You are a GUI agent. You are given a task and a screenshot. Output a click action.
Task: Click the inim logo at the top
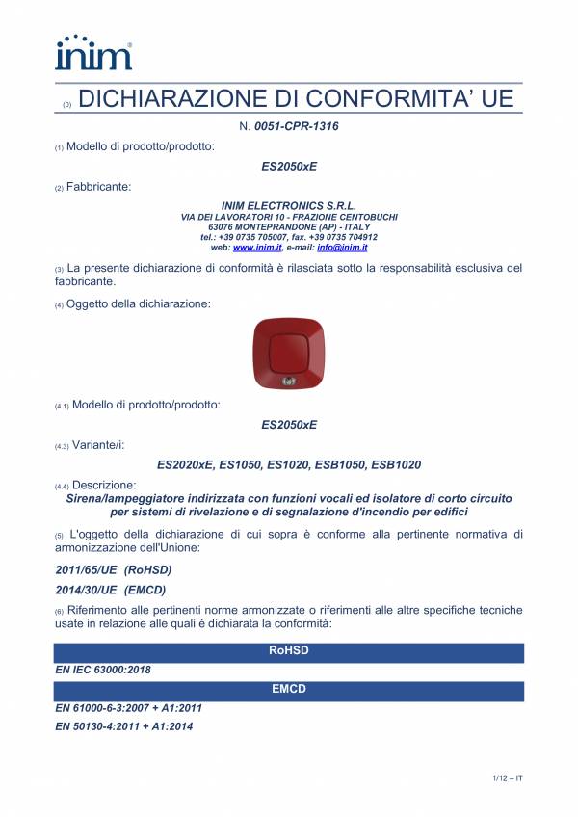pyautogui.click(x=92, y=53)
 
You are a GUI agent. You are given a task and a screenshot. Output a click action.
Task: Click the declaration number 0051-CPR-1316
pyautogui.click(x=296, y=126)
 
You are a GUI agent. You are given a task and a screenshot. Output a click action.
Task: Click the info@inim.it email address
pyautogui.click(x=343, y=248)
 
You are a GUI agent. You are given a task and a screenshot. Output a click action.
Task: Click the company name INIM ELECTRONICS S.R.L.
pyautogui.click(x=289, y=206)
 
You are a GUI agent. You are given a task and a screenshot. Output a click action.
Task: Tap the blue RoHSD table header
pyautogui.click(x=289, y=652)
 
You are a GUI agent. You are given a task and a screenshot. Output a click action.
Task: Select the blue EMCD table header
pyautogui.click(x=289, y=689)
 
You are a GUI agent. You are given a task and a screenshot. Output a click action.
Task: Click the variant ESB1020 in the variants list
pyautogui.click(x=396, y=464)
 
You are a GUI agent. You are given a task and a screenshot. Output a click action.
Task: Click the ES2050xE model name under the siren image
pyautogui.click(x=289, y=424)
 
